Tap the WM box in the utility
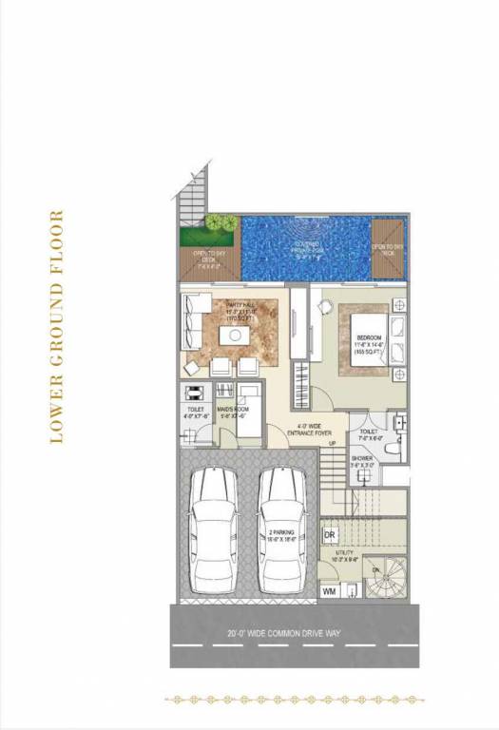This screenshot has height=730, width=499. pyautogui.click(x=330, y=591)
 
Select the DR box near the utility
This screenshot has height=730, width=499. pyautogui.click(x=330, y=536)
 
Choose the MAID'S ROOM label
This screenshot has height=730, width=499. pyautogui.click(x=233, y=410)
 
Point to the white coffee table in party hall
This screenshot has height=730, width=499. pyautogui.click(x=232, y=336)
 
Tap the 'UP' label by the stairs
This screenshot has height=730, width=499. pyautogui.click(x=332, y=444)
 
